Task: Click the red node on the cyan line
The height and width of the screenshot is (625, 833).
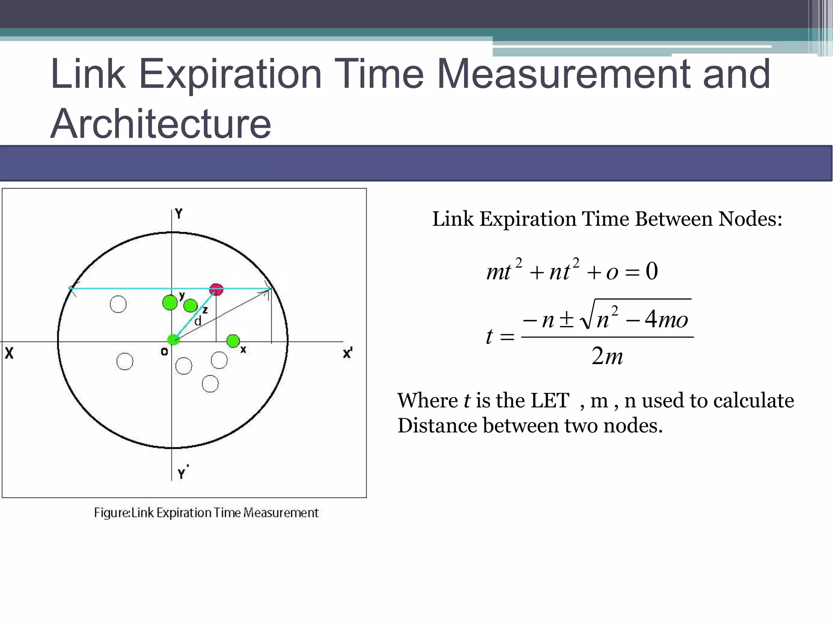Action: tap(216, 290)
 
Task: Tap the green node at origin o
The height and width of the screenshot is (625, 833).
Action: tap(174, 339)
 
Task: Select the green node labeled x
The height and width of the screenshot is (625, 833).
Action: tap(233, 341)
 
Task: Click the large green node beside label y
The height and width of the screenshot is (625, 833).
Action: tap(170, 303)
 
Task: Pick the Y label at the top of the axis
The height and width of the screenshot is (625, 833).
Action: tap(179, 214)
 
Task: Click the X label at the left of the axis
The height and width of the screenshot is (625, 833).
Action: tap(9, 353)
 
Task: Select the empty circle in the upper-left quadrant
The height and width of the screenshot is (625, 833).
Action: tap(118, 304)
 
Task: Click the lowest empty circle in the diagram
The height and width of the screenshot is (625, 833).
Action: tap(210, 384)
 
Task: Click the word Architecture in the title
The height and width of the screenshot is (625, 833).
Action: tap(161, 124)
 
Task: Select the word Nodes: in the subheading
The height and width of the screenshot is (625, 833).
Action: tap(750, 219)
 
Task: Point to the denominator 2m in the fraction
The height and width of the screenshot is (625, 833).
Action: tap(607, 356)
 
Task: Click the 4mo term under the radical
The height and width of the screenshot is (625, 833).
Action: tap(666, 319)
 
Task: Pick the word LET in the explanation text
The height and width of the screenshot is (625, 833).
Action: tap(550, 400)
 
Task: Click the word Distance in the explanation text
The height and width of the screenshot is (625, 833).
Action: tap(437, 426)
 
